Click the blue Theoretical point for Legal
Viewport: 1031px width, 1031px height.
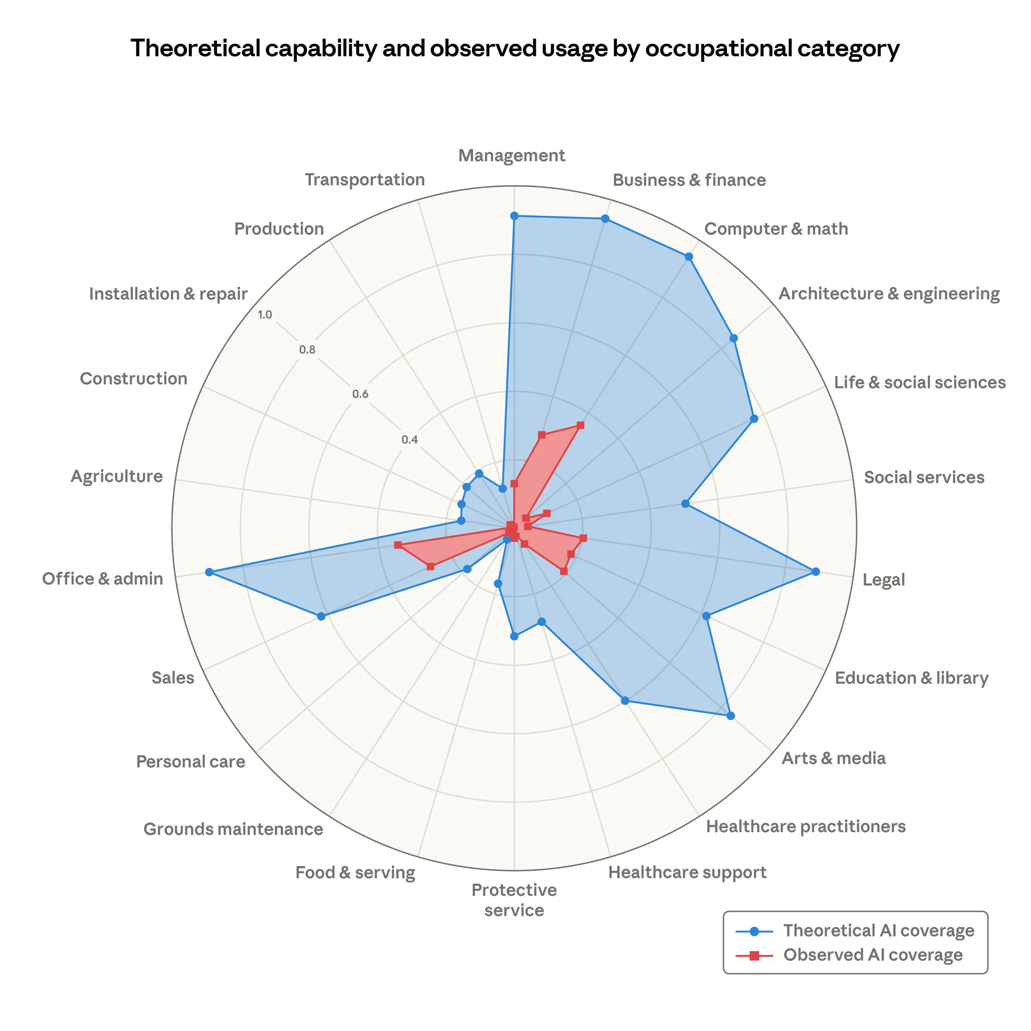tap(815, 572)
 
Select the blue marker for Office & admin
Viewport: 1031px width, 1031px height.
tap(209, 572)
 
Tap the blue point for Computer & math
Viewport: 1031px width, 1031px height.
tap(689, 257)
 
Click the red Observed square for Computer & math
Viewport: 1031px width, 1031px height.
tap(581, 425)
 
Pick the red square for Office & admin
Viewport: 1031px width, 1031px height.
tap(398, 545)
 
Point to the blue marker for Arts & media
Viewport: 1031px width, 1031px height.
tap(730, 716)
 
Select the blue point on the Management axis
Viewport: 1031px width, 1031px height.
tap(514, 216)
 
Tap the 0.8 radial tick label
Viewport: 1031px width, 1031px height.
tap(307, 350)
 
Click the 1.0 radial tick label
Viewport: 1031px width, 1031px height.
tap(265, 315)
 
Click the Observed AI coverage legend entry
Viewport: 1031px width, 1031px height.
tap(873, 954)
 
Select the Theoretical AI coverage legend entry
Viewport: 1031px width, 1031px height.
tap(878, 930)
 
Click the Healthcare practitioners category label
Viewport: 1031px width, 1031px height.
tap(805, 826)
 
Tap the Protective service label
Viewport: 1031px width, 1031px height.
tap(514, 900)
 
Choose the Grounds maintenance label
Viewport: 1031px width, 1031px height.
tap(233, 829)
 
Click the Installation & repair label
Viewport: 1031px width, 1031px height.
tap(168, 294)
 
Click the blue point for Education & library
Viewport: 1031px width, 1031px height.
tap(706, 616)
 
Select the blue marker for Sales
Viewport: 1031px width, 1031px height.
tap(321, 617)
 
